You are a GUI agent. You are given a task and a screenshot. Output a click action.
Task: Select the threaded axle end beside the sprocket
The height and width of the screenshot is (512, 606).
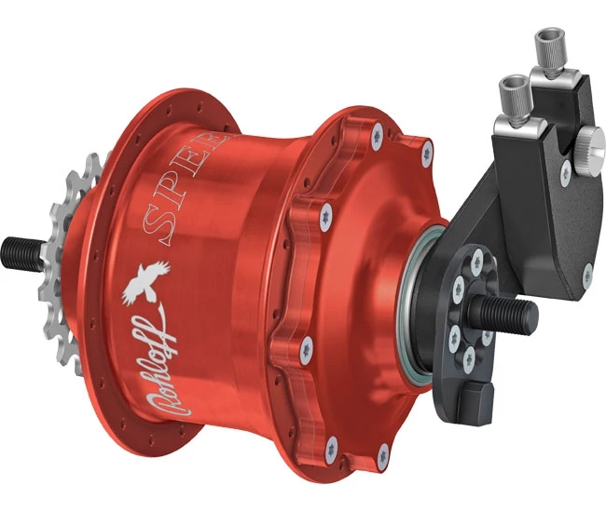(21, 249)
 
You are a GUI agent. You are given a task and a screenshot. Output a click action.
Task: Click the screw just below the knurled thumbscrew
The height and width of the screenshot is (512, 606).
(564, 175)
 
